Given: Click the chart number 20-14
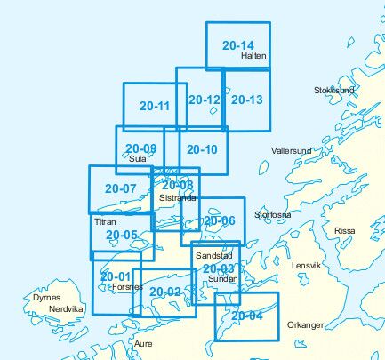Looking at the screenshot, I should tap(238, 45).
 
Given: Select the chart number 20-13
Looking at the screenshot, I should tap(246, 100).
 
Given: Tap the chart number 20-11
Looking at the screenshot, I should tap(155, 106).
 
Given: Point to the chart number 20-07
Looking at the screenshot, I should tap(120, 188).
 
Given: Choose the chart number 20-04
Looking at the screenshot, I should tap(247, 315).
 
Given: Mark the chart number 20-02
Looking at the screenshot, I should tap(165, 292).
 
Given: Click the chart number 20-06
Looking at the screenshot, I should tap(219, 221).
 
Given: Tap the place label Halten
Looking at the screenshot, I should tap(253, 56).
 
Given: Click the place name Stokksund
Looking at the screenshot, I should tap(334, 91).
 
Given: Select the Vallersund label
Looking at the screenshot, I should tap(291, 151).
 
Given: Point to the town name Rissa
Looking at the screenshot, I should tap(344, 231).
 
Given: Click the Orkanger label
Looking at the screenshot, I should tap(306, 325).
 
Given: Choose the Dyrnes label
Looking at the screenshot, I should tap(46, 298).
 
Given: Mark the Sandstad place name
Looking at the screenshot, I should tap(212, 255).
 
